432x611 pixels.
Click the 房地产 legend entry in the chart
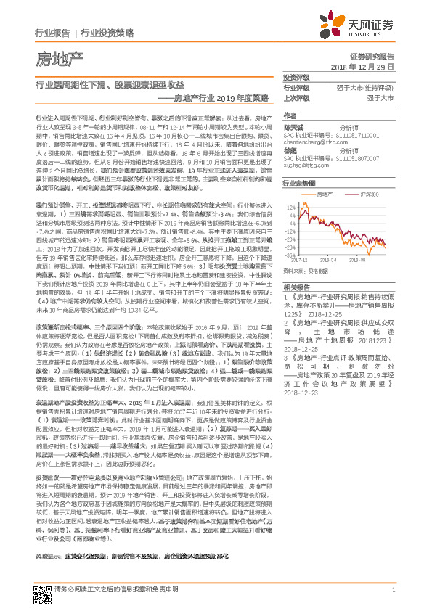[328, 194]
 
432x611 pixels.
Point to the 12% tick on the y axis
[292, 206]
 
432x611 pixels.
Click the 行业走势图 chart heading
[300, 184]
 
